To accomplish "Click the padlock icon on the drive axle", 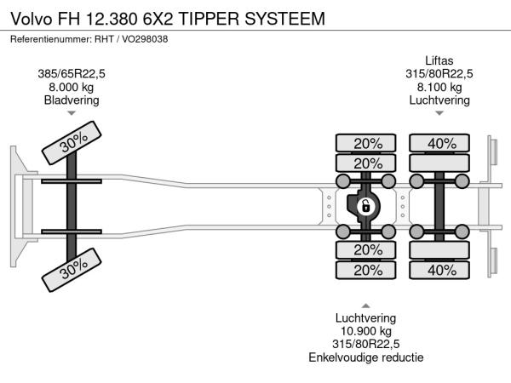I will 364,205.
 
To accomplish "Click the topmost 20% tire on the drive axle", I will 367,143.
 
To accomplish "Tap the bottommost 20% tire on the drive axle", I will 367,270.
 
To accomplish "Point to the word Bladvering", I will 72,100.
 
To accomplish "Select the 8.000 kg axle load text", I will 72,87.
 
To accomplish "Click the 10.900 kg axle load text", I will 366,330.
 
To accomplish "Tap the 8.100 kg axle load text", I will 440,87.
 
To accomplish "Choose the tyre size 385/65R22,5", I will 72,73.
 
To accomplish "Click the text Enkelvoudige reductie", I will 366,357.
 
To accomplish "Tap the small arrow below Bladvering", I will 72,113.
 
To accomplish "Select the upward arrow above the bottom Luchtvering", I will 366,305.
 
